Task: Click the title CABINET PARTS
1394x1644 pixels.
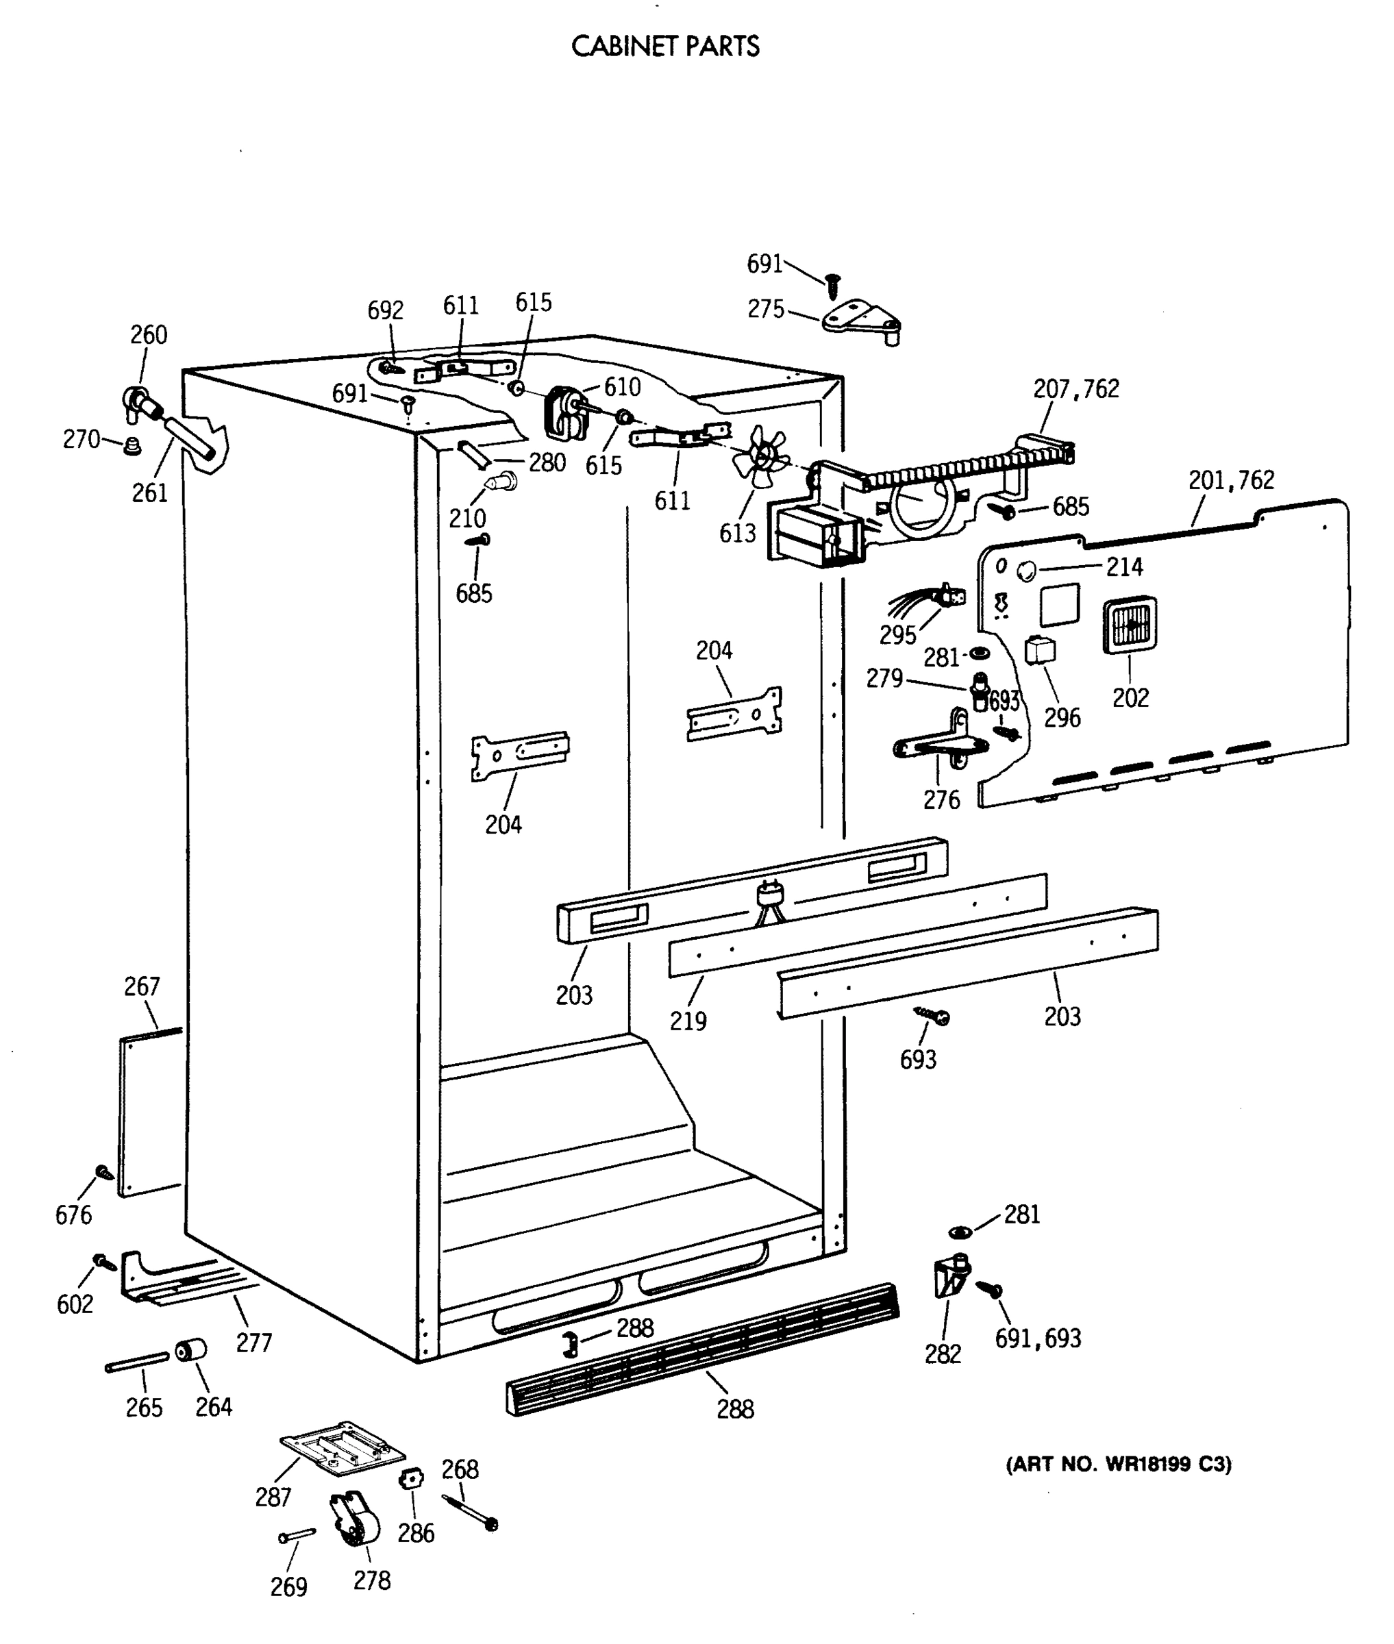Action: coord(664,47)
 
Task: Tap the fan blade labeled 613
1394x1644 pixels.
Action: coord(760,456)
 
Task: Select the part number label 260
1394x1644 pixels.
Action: coord(149,334)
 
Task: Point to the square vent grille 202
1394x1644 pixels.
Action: coord(1130,625)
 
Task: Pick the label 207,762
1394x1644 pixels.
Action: coord(1075,389)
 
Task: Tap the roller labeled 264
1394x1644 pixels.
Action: coord(190,1351)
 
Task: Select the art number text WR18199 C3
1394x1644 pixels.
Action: coord(1118,1465)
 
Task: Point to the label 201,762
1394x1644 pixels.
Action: coord(1231,480)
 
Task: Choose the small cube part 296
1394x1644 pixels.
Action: coord(1039,651)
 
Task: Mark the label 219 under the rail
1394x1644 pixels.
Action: coord(688,1021)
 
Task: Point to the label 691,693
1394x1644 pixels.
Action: coord(1038,1338)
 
